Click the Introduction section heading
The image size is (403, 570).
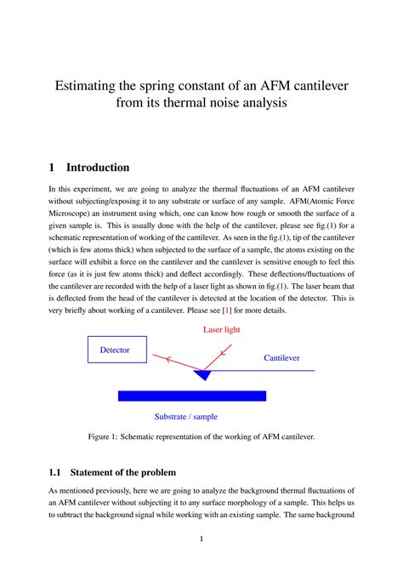99,168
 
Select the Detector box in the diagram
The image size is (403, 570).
116,350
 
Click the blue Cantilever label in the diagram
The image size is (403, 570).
281,358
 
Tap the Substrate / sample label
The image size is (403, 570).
185,417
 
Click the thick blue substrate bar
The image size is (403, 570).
191,396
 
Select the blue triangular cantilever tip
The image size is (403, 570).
202,374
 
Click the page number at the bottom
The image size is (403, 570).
201,539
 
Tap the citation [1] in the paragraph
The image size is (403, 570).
227,311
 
